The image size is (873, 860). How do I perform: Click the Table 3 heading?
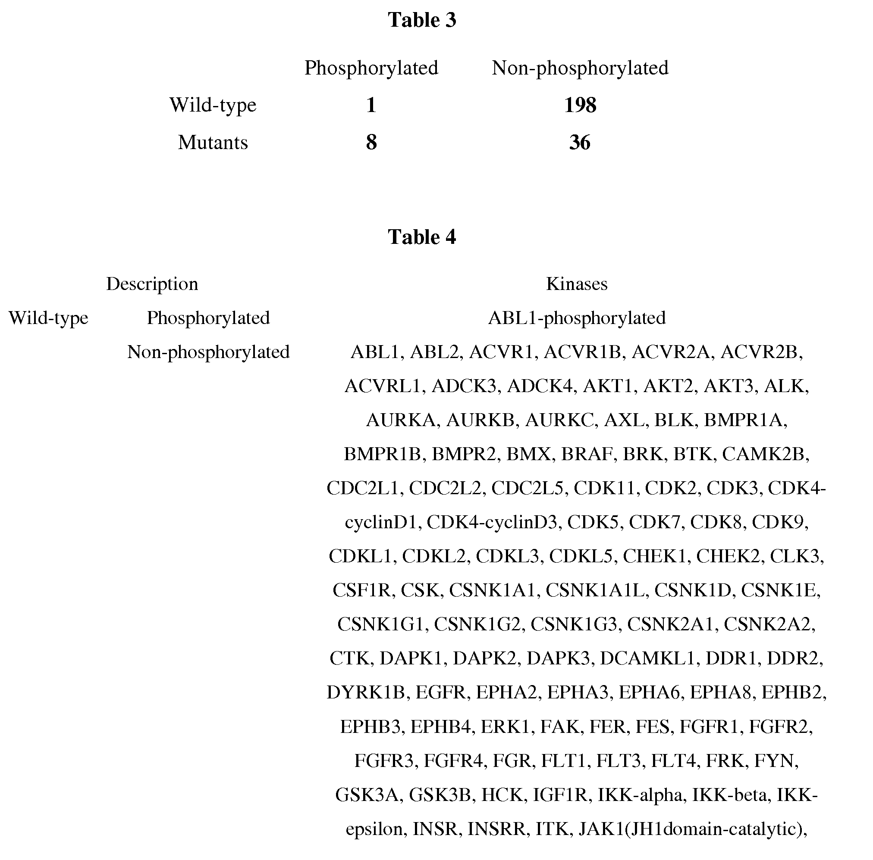point(421,20)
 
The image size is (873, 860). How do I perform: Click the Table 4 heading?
point(421,237)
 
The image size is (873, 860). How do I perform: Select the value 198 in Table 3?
point(580,105)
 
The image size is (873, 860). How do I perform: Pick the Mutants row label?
point(213,143)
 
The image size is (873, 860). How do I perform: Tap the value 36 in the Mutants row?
point(580,143)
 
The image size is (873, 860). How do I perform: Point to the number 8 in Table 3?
point(371,143)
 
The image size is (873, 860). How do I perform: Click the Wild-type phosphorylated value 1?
point(371,105)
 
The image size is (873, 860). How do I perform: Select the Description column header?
point(152,284)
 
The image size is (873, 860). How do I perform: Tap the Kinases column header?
point(577,284)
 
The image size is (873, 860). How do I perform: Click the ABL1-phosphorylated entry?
point(577,318)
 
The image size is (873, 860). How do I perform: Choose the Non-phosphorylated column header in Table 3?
point(580,68)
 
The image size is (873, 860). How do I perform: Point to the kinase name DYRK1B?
point(366,692)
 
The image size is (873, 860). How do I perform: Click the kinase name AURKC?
point(559,420)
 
